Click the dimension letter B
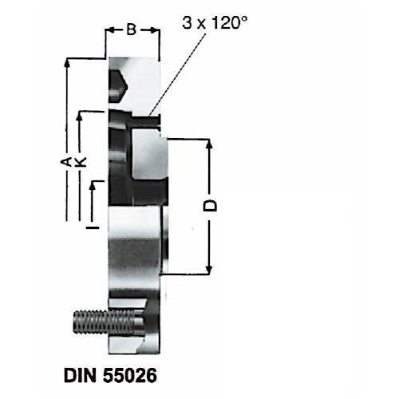coord(132,30)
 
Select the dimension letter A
coord(67,162)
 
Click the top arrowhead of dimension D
coord(210,144)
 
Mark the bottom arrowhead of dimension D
coord(210,270)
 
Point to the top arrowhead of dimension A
coord(68,61)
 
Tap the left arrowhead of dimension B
coord(109,30)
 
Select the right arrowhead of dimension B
coord(156,30)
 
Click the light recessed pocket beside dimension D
coord(148,156)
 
